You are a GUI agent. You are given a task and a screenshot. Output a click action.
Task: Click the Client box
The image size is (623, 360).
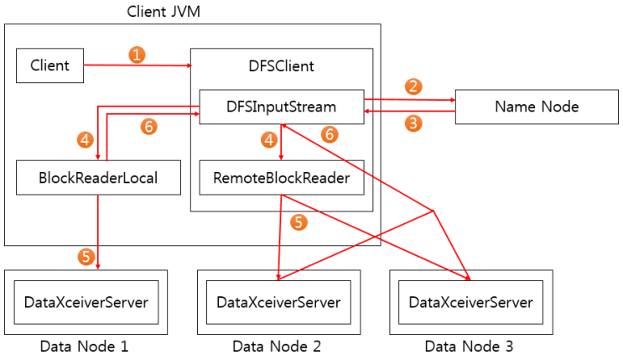coord(49,65)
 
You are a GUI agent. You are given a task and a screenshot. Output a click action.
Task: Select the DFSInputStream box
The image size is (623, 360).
coord(281,107)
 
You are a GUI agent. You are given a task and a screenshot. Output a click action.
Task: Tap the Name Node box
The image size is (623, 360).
coord(537,107)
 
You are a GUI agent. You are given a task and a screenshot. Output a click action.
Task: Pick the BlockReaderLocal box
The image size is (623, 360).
coord(98,177)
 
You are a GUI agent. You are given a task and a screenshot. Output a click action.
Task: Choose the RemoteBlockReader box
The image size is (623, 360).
coord(281,177)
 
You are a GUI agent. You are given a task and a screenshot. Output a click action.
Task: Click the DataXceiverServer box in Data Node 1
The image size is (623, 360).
coord(86,302)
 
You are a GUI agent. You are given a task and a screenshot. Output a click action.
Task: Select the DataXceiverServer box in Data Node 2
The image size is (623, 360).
coord(278,302)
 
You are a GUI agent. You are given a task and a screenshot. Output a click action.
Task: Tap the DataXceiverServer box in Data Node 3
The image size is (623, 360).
coord(471,302)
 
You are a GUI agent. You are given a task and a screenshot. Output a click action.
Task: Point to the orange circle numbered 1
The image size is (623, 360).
coord(137,55)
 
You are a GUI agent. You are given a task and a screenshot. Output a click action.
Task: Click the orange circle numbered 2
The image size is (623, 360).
coord(413,86)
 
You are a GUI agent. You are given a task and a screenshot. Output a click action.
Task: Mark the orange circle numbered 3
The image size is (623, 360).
coord(413,123)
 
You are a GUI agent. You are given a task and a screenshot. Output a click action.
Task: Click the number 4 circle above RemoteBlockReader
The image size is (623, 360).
coord(269,139)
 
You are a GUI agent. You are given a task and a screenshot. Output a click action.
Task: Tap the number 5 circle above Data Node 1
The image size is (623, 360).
coord(86,257)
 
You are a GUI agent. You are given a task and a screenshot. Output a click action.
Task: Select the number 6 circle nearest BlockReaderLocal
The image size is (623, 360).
coord(148,127)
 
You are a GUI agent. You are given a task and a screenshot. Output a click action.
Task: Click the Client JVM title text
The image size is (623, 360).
coord(164,11)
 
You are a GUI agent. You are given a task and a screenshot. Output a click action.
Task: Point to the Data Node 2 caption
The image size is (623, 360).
coord(277,347)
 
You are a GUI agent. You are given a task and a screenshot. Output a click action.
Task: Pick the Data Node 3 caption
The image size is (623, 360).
coord(469,347)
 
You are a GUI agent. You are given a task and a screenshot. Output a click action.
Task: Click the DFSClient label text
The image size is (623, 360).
coord(281,66)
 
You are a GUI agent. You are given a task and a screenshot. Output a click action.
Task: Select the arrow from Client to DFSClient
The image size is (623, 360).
coord(138,65)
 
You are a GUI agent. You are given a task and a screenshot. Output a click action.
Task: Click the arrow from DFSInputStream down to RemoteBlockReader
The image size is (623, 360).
coord(281,142)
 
